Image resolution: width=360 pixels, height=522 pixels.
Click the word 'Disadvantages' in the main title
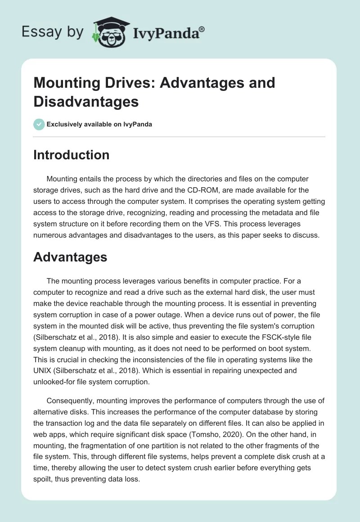(86, 102)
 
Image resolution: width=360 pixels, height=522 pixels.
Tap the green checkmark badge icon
(39, 124)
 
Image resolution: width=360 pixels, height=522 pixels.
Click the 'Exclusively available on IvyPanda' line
(99, 125)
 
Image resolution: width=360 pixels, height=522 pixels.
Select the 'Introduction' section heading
(71, 155)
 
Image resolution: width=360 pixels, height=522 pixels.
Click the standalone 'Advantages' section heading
(70, 257)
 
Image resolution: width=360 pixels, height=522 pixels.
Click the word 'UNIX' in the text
(44, 371)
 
